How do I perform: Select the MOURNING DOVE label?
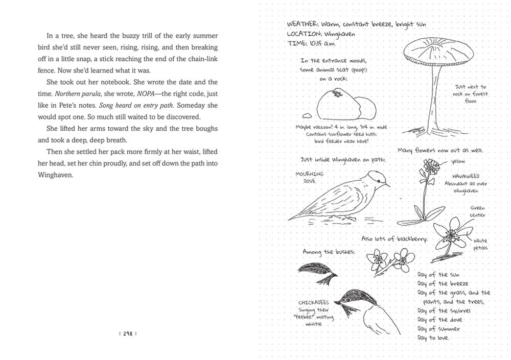tap(310, 177)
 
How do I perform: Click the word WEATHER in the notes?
tap(302, 24)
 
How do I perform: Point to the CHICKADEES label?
tap(314, 302)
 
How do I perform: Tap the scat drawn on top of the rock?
tap(336, 93)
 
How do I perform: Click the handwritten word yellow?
tap(459, 162)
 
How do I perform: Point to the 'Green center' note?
tap(477, 211)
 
